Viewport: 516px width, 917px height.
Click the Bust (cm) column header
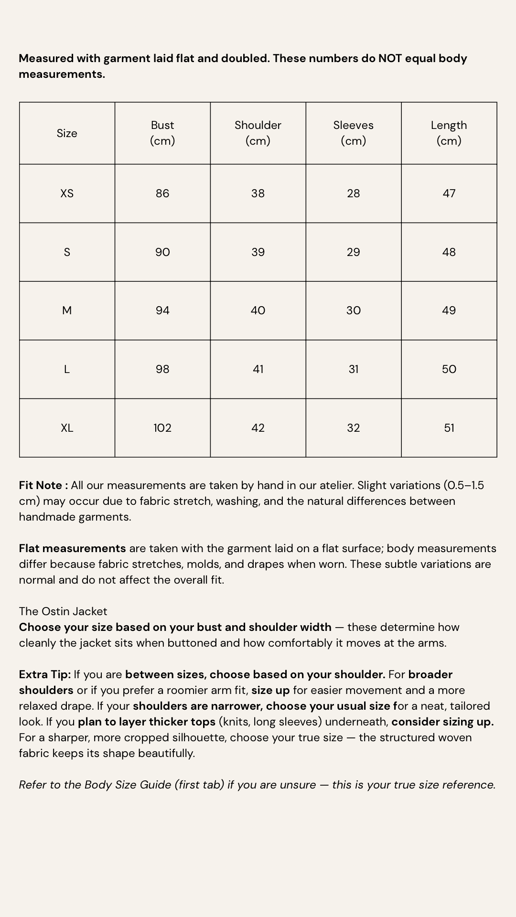coord(162,133)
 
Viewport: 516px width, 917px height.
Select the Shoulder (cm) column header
coord(258,133)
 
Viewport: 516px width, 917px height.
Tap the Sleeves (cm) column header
coord(354,133)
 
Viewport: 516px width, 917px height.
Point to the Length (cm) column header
coord(449,133)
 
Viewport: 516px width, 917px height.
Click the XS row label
coord(67,193)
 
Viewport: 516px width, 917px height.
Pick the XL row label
coord(67,428)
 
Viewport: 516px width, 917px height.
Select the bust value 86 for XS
coord(162,193)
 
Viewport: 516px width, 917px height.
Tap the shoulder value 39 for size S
coord(258,252)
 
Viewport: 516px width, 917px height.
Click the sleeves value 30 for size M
coord(354,310)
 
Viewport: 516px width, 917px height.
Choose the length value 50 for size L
coord(449,369)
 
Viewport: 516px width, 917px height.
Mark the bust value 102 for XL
coord(162,428)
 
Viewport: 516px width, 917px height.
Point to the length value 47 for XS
coord(449,193)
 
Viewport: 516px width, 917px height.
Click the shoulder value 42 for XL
coord(258,428)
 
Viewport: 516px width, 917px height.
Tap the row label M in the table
coord(67,310)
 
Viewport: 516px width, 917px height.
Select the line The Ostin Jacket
coord(63,611)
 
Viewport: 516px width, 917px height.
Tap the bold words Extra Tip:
coord(45,674)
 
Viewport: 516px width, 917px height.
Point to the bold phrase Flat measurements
coord(72,548)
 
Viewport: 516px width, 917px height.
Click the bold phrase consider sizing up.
coord(442,722)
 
